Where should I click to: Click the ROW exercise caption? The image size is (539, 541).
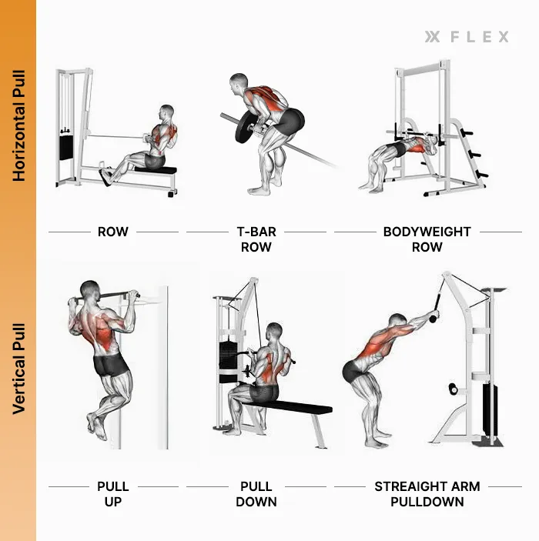pyautogui.click(x=113, y=231)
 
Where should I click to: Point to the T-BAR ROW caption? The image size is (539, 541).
pyautogui.click(x=256, y=239)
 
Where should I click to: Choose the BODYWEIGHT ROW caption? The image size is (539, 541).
pyautogui.click(x=427, y=239)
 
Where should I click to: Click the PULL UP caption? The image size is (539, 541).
pyautogui.click(x=113, y=494)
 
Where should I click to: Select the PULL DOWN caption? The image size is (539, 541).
pyautogui.click(x=256, y=494)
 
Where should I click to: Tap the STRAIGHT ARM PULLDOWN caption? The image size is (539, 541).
pyautogui.click(x=427, y=494)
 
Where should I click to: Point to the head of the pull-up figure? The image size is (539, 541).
pyautogui.click(x=92, y=292)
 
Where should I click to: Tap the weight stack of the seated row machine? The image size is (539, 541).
pyautogui.click(x=65, y=146)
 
